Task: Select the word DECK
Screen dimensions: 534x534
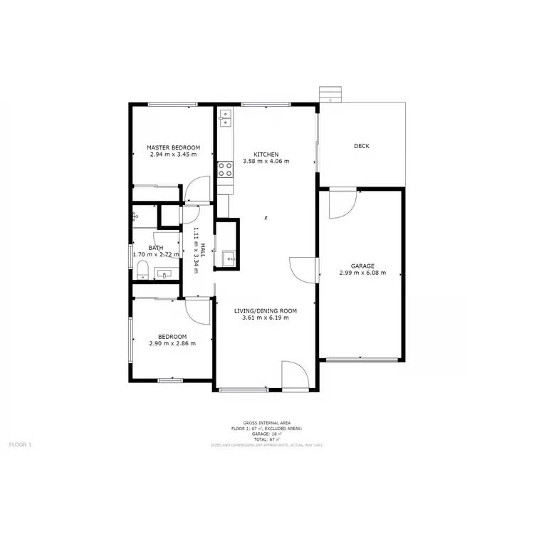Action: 362,147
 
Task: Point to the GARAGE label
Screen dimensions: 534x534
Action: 362,266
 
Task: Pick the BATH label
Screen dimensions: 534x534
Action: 155,248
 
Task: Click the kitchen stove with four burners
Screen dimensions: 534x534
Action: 226,169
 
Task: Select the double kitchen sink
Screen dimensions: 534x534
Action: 226,117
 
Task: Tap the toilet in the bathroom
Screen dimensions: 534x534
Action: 142,269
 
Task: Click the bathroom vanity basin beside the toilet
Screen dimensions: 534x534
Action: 168,273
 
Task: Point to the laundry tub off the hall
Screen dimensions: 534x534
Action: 228,258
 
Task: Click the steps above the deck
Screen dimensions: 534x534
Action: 330,93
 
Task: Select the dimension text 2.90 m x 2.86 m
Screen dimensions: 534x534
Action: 172,343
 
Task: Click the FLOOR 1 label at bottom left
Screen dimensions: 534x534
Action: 20,444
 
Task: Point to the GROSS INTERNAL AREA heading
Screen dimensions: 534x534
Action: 266,423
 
